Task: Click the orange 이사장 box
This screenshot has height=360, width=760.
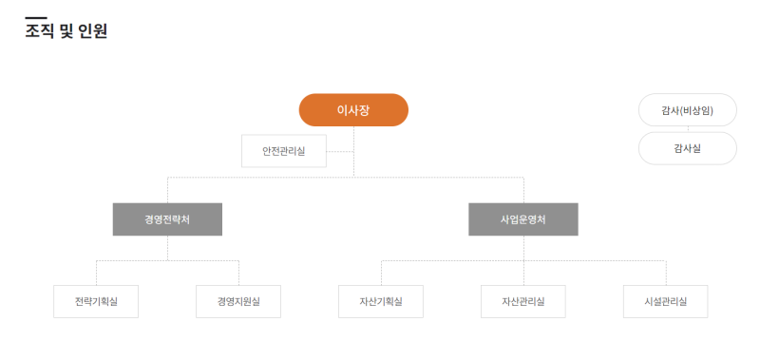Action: [x=353, y=110]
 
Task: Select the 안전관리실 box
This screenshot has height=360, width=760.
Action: [x=284, y=151]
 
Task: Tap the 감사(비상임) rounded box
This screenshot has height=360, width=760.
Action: [x=687, y=110]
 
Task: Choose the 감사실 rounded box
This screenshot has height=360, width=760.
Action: [x=687, y=148]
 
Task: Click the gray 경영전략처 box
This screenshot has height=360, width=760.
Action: [x=167, y=219]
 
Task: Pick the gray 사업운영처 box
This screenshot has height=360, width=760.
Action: [x=523, y=219]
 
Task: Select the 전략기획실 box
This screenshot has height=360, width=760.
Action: [x=96, y=301]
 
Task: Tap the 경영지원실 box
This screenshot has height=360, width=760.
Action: [x=238, y=301]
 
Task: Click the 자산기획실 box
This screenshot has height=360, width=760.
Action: [x=381, y=301]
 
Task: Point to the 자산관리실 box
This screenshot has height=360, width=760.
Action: [x=523, y=301]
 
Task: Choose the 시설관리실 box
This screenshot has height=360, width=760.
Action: [x=666, y=301]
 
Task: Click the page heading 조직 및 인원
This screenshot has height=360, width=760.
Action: [x=66, y=31]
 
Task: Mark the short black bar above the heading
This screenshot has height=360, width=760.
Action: [x=36, y=18]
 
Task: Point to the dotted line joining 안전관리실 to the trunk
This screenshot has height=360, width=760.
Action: [x=340, y=151]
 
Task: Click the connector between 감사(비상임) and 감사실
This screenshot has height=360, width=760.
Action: [x=687, y=129]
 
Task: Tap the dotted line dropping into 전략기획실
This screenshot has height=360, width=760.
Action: [x=96, y=273]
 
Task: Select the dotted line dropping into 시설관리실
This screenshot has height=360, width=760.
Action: [x=666, y=273]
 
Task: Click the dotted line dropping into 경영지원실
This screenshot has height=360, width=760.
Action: [x=238, y=273]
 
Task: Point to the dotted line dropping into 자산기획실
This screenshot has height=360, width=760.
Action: [x=381, y=273]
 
